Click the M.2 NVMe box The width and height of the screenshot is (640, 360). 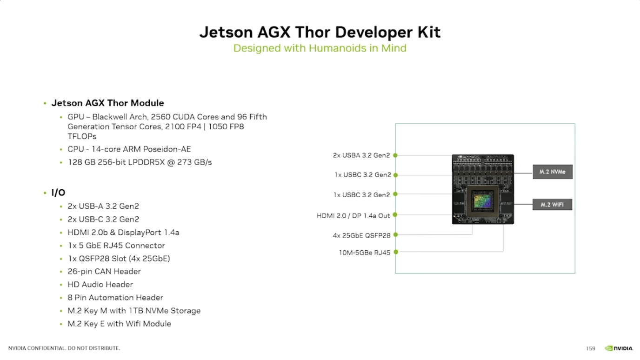(x=553, y=172)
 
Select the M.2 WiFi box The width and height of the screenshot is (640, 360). (x=552, y=205)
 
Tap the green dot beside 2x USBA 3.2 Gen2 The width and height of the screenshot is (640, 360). (x=395, y=155)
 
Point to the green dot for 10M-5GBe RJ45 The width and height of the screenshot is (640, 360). (x=396, y=252)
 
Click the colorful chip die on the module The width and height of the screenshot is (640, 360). (x=483, y=201)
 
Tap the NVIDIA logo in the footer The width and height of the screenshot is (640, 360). (x=619, y=348)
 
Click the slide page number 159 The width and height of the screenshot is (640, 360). (x=591, y=348)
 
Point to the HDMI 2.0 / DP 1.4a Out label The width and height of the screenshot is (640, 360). (x=353, y=216)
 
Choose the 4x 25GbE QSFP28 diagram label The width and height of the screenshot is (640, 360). (x=361, y=235)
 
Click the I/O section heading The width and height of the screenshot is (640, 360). (x=58, y=193)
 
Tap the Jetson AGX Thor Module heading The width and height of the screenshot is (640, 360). (x=108, y=103)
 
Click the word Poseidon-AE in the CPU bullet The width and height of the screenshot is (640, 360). (x=167, y=149)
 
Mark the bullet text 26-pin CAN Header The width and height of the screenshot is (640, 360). (x=104, y=272)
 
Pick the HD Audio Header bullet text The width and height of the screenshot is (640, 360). (x=100, y=285)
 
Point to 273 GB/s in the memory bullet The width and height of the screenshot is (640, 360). (x=194, y=162)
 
